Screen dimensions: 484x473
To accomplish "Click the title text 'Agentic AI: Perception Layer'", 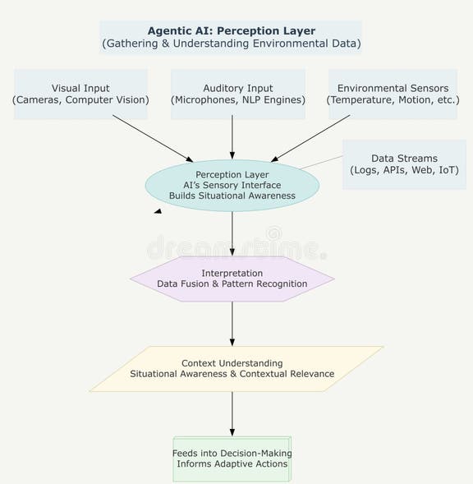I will point(232,30).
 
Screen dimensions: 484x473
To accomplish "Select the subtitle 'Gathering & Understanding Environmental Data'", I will point(232,44).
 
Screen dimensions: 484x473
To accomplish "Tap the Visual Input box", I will point(80,94).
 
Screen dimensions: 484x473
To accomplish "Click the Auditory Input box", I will point(238,94).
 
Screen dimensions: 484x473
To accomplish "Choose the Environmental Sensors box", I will point(392,94).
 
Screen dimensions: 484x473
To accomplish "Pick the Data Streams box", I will point(404,164).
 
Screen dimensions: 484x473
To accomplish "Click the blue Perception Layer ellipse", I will point(232,186).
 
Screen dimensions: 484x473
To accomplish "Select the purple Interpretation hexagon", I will point(232,279).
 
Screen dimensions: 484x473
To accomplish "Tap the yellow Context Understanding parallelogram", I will point(232,368).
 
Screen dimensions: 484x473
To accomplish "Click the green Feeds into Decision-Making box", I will point(232,459).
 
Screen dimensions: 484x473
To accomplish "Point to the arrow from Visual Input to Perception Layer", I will point(152,137).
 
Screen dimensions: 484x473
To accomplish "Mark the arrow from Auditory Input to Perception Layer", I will point(232,136).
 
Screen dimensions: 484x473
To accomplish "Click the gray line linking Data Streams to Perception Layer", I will point(322,162).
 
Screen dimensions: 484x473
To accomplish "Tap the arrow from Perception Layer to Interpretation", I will point(232,233).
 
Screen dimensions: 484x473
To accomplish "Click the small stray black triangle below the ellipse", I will point(158,211).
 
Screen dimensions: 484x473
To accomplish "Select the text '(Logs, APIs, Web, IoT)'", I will point(404,171).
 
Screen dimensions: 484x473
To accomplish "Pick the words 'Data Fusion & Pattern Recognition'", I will point(232,284).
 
